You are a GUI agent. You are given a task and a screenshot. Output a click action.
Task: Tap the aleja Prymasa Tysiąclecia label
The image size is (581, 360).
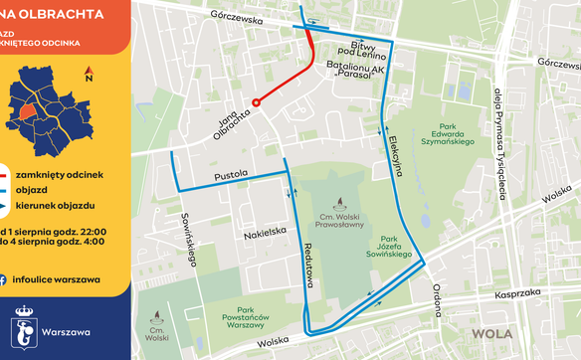[497, 140]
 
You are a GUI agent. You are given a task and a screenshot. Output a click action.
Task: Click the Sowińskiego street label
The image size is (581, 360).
[187, 240]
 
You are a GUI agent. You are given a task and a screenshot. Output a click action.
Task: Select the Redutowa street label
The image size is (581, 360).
[309, 267]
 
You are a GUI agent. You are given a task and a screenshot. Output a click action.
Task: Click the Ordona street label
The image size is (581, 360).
[435, 298]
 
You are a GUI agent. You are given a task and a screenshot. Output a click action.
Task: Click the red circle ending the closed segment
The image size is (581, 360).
[256, 101]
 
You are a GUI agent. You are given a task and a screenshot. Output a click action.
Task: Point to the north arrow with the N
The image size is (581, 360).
[89, 73]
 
